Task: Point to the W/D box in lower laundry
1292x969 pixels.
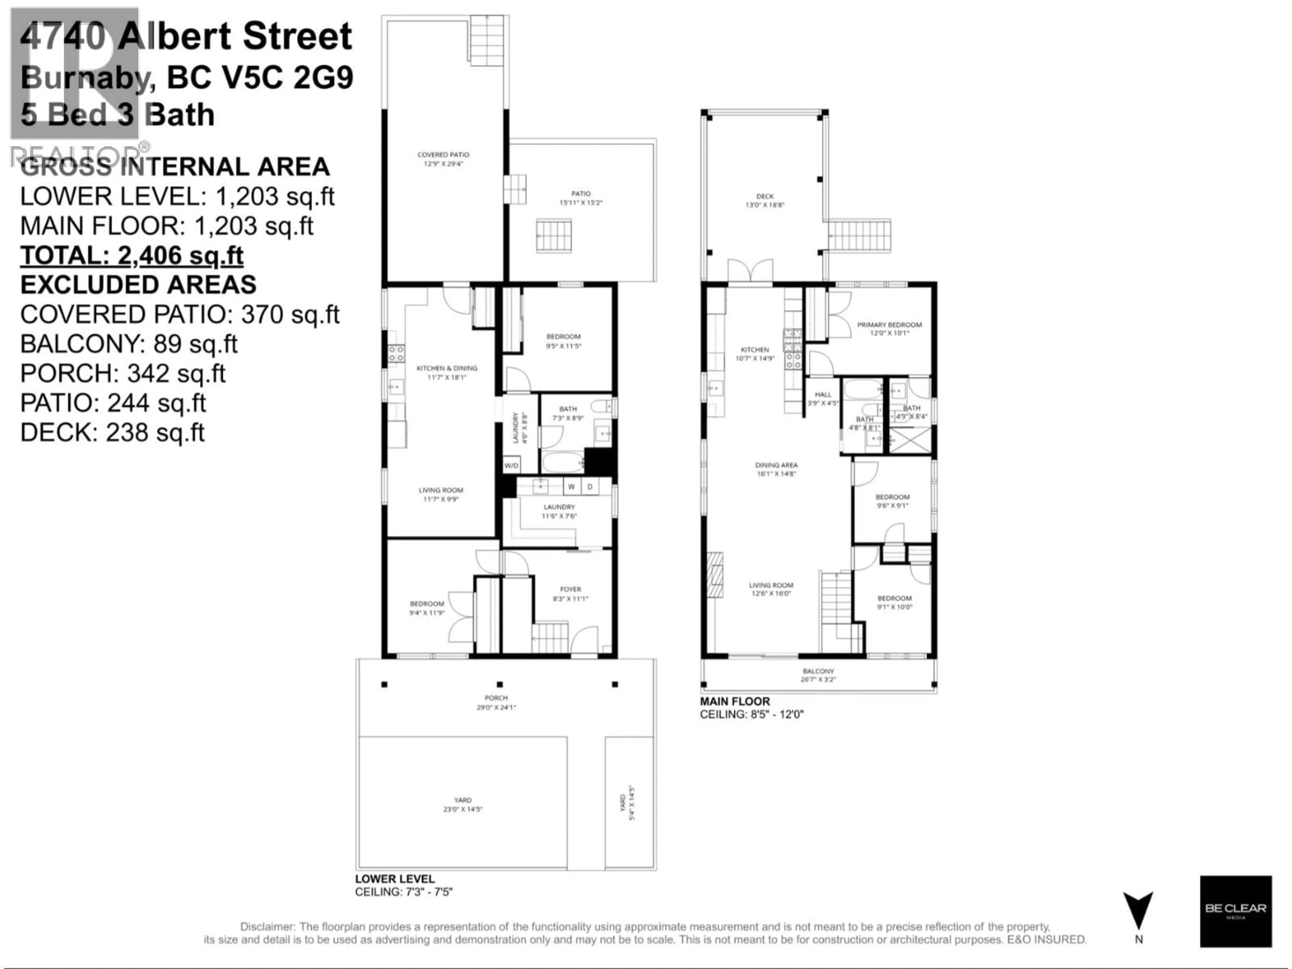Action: [x=511, y=466]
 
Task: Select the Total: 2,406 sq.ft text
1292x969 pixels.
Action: [x=132, y=256]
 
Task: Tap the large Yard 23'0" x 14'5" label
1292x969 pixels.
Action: [x=463, y=804]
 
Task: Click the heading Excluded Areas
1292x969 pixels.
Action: [x=138, y=285]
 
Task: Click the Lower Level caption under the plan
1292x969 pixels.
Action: [x=395, y=878]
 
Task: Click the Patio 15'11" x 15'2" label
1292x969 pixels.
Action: [x=581, y=198]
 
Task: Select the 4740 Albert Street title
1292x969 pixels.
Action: [x=186, y=36]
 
